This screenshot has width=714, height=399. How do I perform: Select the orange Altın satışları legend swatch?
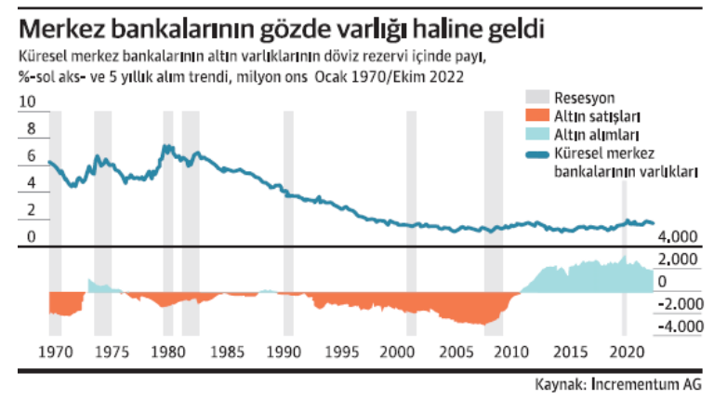coord(536,117)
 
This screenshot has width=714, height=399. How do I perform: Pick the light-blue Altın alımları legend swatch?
coord(536,136)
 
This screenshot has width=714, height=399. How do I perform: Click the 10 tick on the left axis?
coord(27,102)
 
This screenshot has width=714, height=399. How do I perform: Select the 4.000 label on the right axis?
coord(676,236)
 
